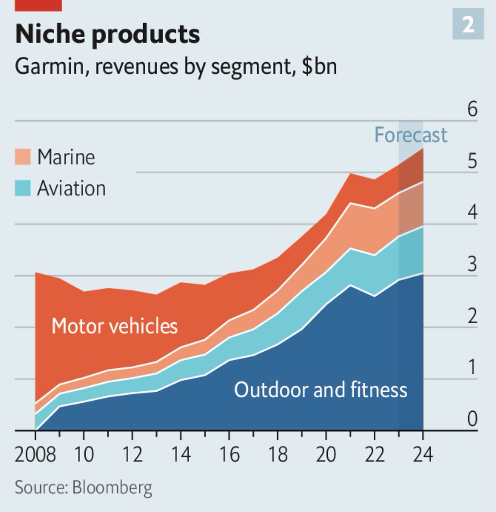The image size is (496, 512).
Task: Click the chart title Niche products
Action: click(107, 34)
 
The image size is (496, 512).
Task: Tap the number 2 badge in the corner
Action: click(468, 25)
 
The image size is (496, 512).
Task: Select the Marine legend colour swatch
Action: click(23, 157)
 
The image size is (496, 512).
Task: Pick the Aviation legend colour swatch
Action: click(23, 188)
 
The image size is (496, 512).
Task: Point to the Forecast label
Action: click(410, 135)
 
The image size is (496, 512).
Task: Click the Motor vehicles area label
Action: click(114, 326)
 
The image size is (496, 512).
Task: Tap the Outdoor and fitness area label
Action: click(320, 390)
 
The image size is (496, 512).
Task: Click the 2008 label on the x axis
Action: click(35, 454)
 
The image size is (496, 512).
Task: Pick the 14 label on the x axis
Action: click(181, 454)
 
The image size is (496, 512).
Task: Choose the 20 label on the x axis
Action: click(326, 454)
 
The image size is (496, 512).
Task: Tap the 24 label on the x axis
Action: click(423, 454)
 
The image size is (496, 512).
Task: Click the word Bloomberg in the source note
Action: click(112, 487)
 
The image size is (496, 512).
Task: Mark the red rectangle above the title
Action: click(38, 5)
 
